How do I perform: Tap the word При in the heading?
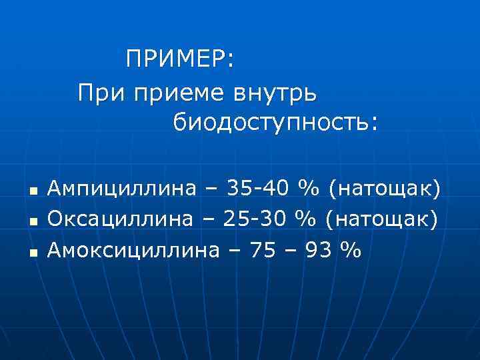coord(101,93)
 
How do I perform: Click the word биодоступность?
coord(275,123)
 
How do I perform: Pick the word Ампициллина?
coord(122,189)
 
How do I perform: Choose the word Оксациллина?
coord(122,219)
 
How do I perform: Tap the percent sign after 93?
coord(349,250)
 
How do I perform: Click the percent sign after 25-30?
coord(309,219)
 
